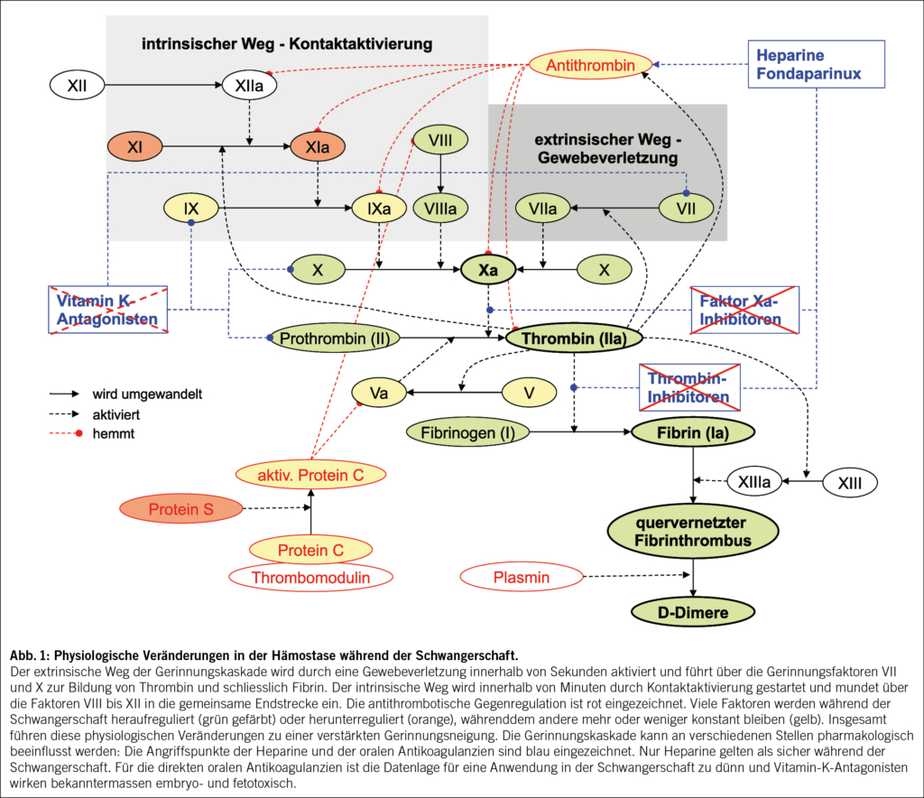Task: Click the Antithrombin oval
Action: coord(590,65)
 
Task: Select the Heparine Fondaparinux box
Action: coord(816,64)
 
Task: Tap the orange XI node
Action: coord(135,147)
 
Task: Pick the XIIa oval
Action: coord(249,86)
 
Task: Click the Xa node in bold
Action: coord(488,270)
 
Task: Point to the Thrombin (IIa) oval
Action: coord(574,339)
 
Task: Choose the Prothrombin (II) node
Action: coord(335,339)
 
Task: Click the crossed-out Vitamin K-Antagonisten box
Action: coord(108,310)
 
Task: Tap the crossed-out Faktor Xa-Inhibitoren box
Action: coord(744,311)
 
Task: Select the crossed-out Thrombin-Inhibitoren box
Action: coord(689,387)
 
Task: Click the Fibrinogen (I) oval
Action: coord(468,432)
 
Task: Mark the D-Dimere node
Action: coord(693,612)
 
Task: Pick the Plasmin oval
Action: coord(522,577)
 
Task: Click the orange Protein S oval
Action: coord(180,508)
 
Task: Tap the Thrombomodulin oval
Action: coord(310,578)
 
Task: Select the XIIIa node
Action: coord(754,481)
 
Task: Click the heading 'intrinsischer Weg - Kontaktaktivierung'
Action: coord(287,44)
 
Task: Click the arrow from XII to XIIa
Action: coord(163,85)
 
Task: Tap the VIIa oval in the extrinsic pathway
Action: coord(542,208)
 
